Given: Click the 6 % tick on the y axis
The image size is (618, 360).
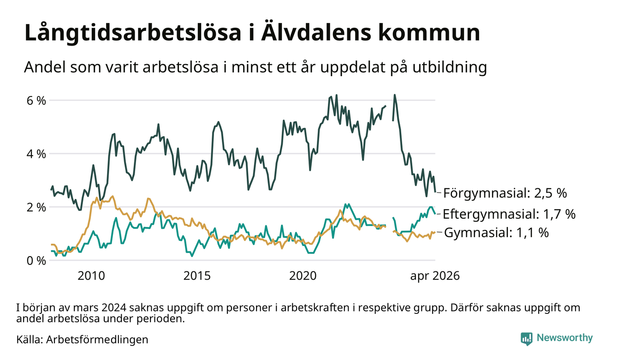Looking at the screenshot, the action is [x=36, y=101].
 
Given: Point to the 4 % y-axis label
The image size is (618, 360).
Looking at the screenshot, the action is [x=36, y=154].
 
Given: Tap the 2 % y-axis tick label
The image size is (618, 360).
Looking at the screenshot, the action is [x=36, y=207].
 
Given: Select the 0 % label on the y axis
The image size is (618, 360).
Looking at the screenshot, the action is [x=36, y=261].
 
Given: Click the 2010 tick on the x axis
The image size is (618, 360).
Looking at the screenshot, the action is [x=91, y=276].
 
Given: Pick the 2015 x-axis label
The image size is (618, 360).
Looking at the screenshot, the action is [x=197, y=276].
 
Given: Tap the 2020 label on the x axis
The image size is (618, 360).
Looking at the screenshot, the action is [x=303, y=276].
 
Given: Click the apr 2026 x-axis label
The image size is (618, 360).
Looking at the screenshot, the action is [x=435, y=276].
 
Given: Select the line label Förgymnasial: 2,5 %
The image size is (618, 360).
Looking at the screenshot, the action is [x=505, y=193].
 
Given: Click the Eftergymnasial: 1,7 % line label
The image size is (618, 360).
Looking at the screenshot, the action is [x=509, y=214].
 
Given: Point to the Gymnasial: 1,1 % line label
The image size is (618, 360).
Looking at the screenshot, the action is [x=497, y=233].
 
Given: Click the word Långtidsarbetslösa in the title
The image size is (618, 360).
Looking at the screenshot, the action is [x=133, y=33].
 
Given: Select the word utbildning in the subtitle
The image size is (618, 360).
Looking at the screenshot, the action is [x=450, y=67].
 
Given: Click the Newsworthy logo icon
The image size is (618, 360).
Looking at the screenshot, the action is [x=526, y=338].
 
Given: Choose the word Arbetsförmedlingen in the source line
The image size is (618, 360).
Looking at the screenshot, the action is [x=97, y=340].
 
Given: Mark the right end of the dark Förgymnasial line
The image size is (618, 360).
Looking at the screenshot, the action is [x=435, y=192].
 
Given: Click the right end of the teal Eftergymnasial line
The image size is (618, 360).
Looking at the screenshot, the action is [x=435, y=214].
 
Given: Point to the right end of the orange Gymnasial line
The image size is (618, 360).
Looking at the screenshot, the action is [x=435, y=232].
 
